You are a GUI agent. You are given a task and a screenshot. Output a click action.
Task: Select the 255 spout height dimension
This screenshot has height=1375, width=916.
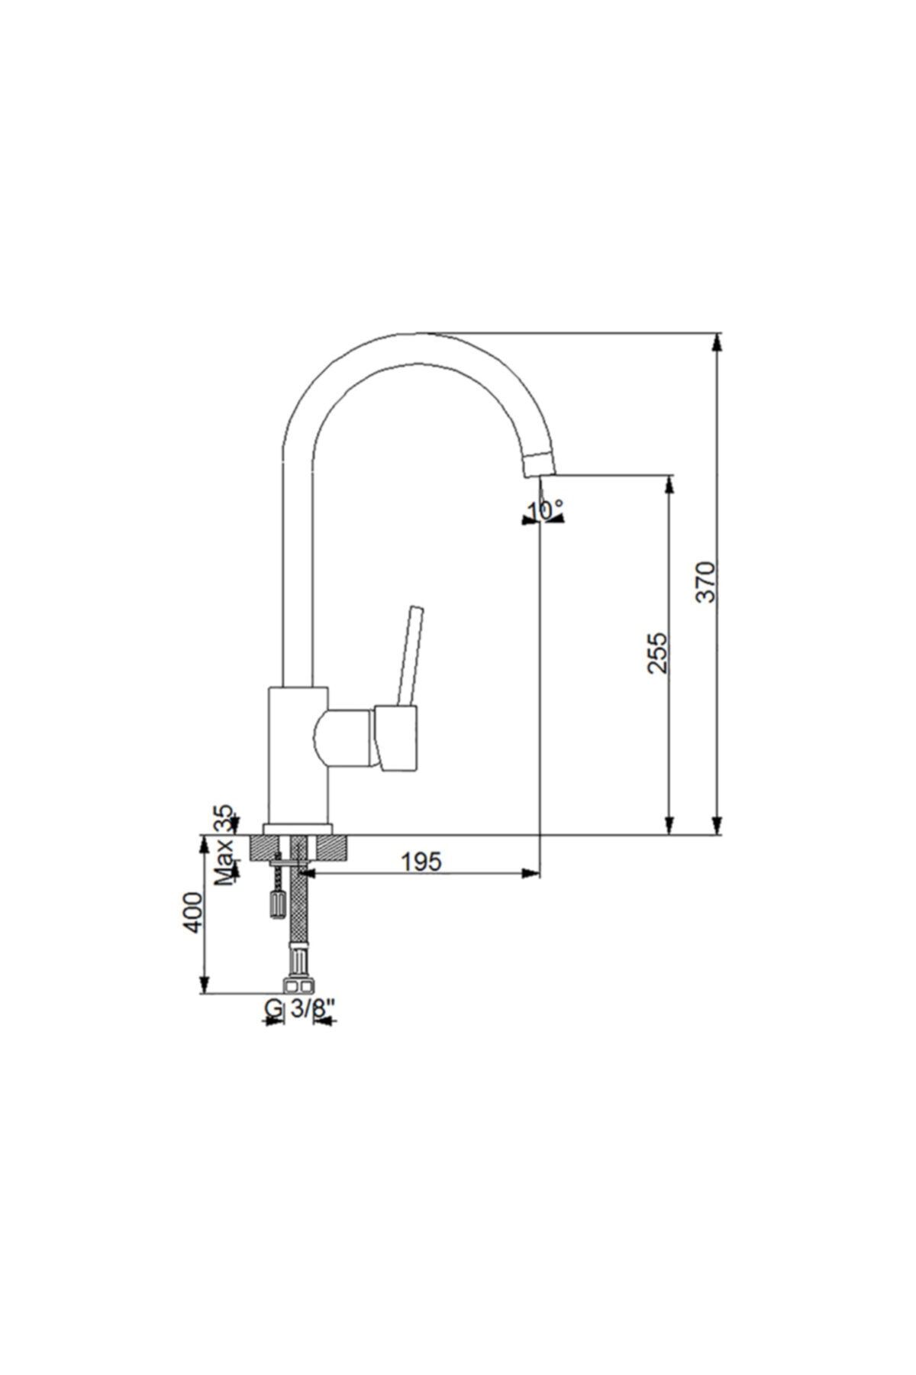click(x=657, y=652)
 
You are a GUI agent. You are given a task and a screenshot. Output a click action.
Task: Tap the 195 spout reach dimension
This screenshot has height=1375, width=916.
click(x=421, y=862)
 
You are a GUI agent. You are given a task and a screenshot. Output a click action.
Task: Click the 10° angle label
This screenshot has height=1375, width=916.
click(x=547, y=510)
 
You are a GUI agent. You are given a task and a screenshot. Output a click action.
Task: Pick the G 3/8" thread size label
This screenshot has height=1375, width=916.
click(x=302, y=1009)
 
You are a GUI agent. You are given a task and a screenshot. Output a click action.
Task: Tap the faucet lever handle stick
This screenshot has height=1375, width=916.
click(x=410, y=656)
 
